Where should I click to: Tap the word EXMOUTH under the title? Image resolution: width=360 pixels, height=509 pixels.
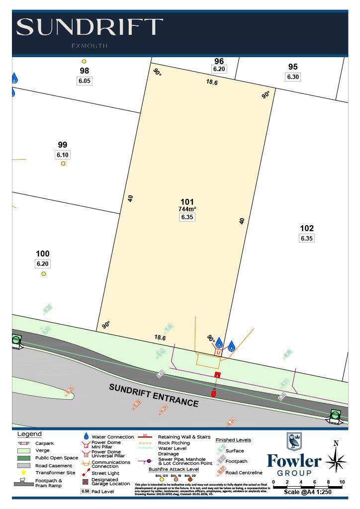pos(90,46)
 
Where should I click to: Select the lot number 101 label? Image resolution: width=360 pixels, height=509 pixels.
pos(187,202)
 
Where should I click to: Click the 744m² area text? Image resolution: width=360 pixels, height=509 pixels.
pos(187,209)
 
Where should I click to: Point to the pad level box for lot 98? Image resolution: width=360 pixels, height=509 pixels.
pos(85,81)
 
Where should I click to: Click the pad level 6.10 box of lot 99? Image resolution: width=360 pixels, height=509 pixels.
pos(63,155)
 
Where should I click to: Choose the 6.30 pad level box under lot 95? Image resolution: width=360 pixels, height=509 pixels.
pos(293,77)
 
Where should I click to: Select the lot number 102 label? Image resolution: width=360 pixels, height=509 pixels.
pos(307,228)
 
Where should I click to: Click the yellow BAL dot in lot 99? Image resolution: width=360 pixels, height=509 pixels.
pos(63,164)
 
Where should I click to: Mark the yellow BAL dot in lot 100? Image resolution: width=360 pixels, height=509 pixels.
pos(44,273)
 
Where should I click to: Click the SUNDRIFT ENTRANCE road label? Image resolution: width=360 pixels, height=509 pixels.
pos(154,395)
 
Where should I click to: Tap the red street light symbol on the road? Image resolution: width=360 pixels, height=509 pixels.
pos(214,393)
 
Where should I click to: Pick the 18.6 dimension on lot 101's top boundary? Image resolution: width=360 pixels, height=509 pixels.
pos(212,83)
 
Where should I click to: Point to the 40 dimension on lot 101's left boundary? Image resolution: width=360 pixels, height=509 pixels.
pos(130,198)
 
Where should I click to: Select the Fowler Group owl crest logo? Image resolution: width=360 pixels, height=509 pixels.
pos(294,441)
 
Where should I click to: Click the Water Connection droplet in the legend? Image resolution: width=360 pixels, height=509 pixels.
pos(86,436)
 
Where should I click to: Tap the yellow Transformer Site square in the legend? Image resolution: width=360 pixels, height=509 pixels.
pos(23,472)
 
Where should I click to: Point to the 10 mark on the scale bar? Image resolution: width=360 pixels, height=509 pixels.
pos(342,482)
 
